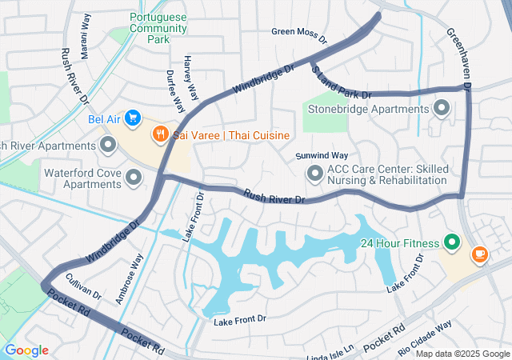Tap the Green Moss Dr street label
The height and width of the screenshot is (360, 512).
coord(299,34)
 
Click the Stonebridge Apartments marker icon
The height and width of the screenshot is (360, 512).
coord(441,108)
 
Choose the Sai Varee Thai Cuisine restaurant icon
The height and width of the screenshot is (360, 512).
coord(161,134)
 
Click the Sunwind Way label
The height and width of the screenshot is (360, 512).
coord(322,155)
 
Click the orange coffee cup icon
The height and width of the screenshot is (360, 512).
coord(479,254)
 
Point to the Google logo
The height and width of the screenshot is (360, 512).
coord(26,350)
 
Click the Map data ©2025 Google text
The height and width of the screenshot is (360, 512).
coord(462,354)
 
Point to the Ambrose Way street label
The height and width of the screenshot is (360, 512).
coord(129,279)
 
